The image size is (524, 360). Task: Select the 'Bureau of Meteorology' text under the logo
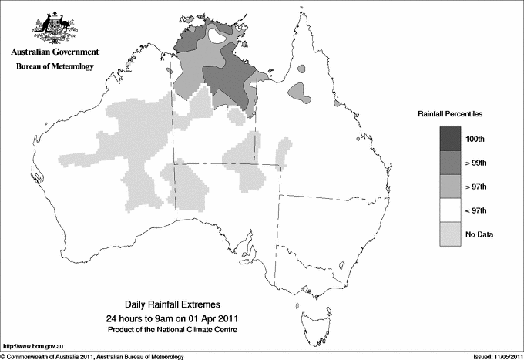point(54,67)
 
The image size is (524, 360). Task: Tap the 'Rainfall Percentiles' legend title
point(450,114)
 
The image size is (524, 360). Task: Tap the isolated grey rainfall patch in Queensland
point(300,93)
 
